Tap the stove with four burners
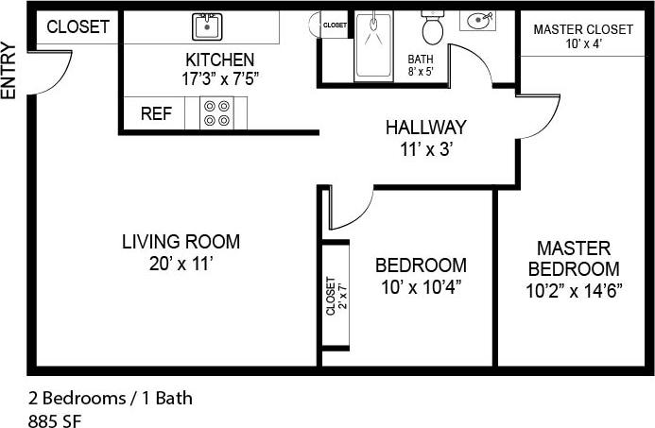(215, 113)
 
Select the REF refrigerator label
(156, 114)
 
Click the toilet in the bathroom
(433, 28)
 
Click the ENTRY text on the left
(9, 72)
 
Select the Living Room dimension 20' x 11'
(181, 264)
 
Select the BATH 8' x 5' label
(421, 64)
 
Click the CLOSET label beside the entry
(78, 27)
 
